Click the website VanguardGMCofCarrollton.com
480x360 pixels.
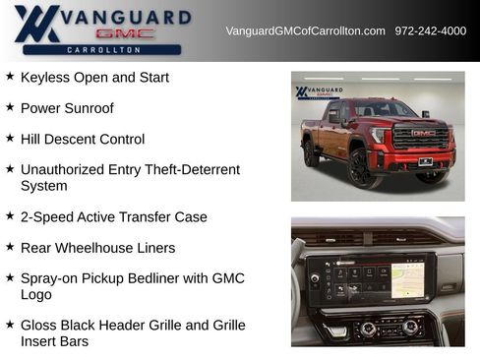tap(305, 31)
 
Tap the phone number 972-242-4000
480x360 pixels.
tap(431, 31)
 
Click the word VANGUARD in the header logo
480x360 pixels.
tap(124, 17)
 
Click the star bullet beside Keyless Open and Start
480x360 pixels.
tap(10, 76)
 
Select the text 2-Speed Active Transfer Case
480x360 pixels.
tap(113, 216)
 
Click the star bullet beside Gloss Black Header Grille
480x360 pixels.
tap(10, 324)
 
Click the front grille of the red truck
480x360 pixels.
tap(422, 139)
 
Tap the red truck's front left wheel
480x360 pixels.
tap(360, 166)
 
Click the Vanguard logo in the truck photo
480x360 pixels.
tap(319, 92)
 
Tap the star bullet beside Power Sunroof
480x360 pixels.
tap(10, 107)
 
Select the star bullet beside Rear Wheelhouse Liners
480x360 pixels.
tap(10, 247)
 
